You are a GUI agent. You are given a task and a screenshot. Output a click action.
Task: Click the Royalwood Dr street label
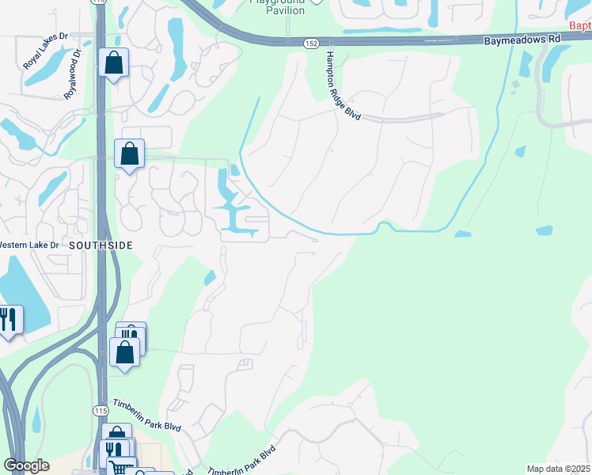(73, 74)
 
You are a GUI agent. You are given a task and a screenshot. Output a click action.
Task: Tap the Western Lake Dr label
(28, 245)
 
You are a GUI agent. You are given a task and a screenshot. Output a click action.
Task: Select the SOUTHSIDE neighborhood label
(100, 245)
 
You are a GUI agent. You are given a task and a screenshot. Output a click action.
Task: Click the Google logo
(26, 465)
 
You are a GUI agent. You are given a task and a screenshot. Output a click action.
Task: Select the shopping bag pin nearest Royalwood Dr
(113, 63)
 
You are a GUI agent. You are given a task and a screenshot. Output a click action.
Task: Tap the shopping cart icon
(120, 468)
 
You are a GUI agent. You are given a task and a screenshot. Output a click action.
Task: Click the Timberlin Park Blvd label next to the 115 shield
(146, 414)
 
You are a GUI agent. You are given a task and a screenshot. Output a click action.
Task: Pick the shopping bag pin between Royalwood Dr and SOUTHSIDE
(129, 154)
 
